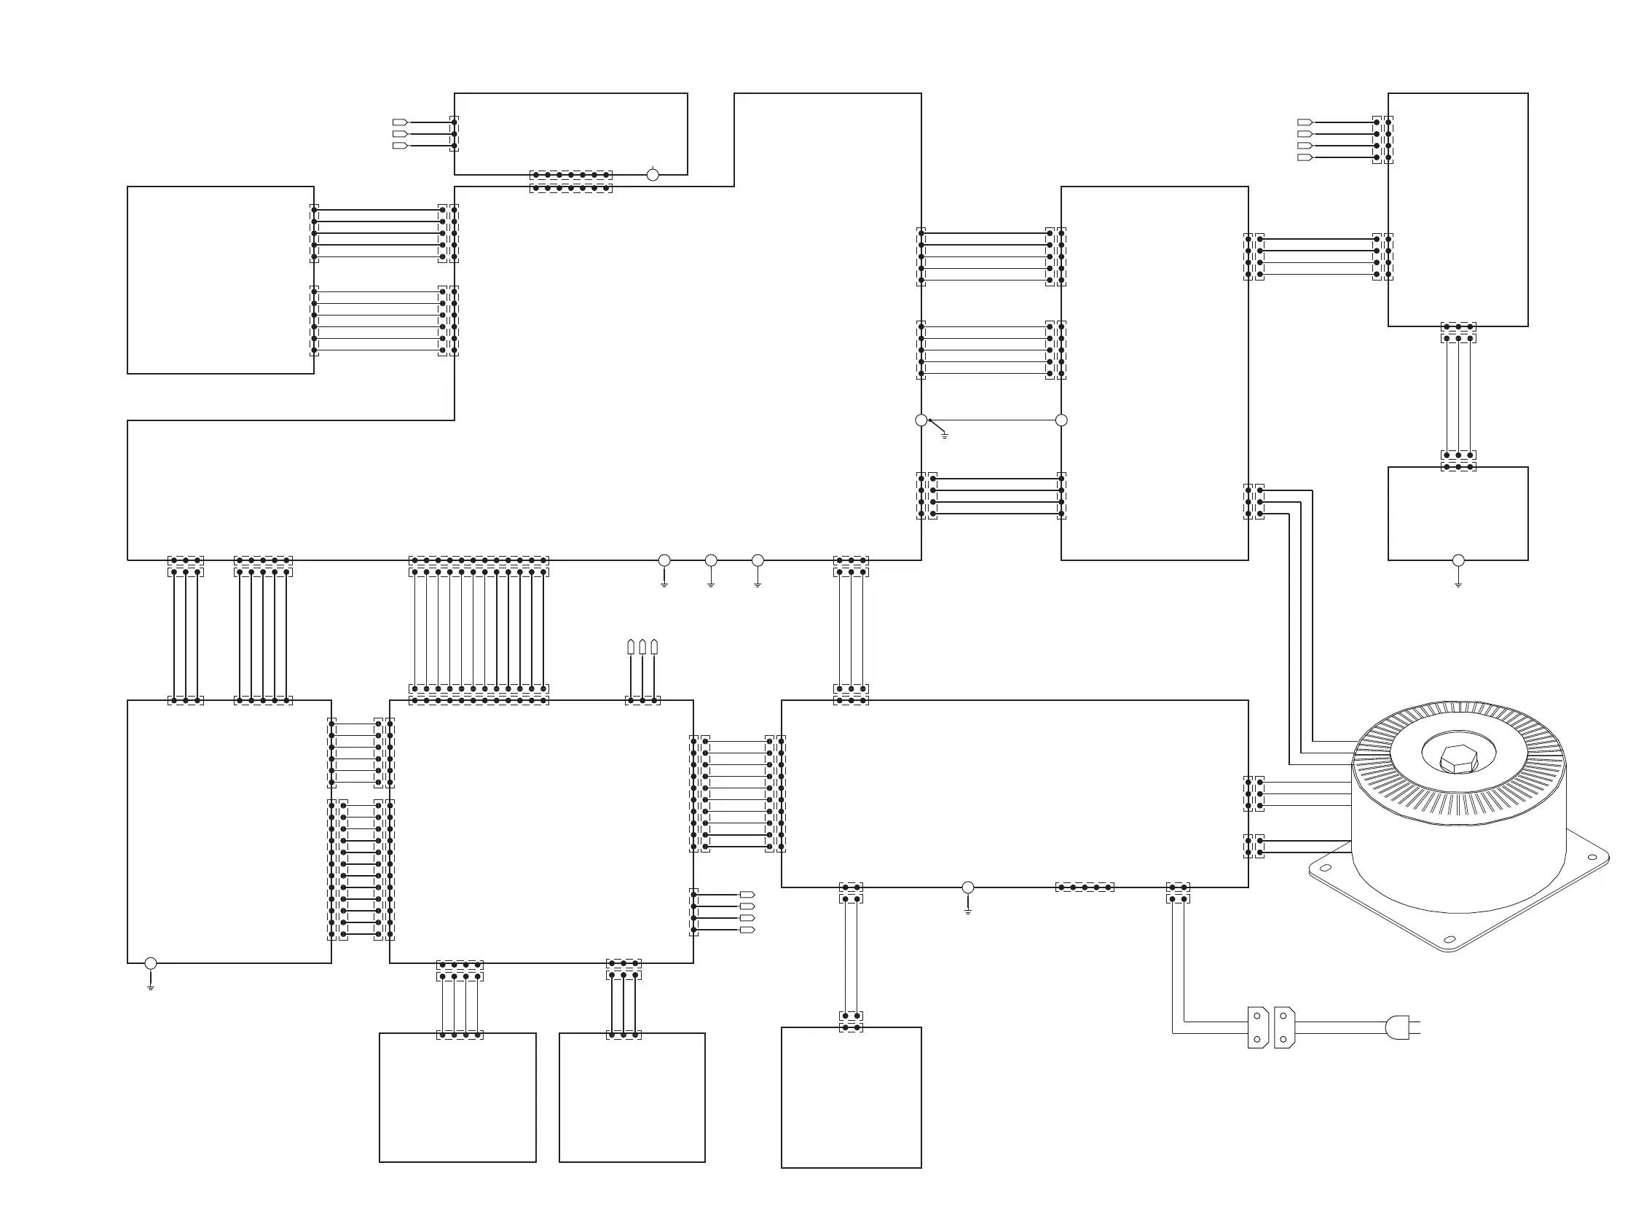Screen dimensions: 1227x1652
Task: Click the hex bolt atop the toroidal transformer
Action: [1458, 758]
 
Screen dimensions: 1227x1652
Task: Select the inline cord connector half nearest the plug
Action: [1283, 1027]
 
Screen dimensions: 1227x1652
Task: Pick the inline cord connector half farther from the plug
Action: [1258, 1027]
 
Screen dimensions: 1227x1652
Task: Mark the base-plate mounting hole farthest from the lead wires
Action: [1591, 857]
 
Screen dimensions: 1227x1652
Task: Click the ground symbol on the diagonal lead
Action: [945, 435]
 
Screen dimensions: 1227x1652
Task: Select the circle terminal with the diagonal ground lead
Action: [921, 420]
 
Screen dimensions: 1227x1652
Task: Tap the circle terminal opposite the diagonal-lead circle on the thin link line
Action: [1061, 420]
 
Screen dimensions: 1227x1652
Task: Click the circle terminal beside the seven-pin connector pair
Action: [653, 176]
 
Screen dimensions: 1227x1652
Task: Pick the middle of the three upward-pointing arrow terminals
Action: [642, 647]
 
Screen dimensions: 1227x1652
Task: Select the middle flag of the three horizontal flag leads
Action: [400, 133]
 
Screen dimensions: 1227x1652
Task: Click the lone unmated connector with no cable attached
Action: [1084, 887]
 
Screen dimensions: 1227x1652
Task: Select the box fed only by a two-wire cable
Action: [851, 1097]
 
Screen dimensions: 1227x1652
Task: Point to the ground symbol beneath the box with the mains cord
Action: [967, 910]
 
